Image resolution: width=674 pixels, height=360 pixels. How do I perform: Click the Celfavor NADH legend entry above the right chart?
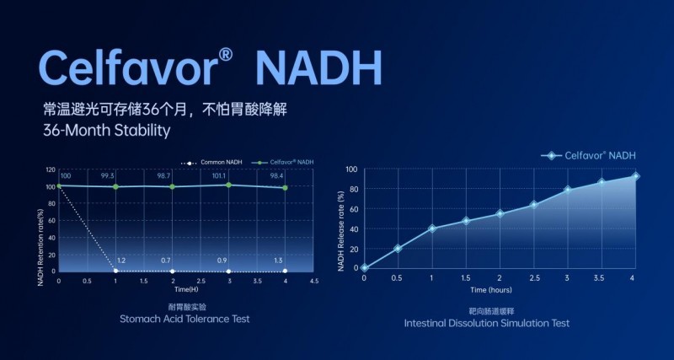590,155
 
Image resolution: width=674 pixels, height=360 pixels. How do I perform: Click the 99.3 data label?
115,175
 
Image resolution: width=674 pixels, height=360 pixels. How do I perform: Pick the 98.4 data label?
285,175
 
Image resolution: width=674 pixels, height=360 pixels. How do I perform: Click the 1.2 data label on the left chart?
120,261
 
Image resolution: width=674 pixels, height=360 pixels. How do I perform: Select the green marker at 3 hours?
229,185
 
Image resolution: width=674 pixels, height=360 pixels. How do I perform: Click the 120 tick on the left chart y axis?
51,169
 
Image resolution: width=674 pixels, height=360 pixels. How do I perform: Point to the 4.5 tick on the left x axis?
314,281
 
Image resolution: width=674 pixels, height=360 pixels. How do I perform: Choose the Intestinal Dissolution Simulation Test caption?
486,323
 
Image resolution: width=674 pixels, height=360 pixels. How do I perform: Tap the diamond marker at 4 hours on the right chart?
636,176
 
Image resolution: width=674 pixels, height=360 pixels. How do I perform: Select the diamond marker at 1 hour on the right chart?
432,228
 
